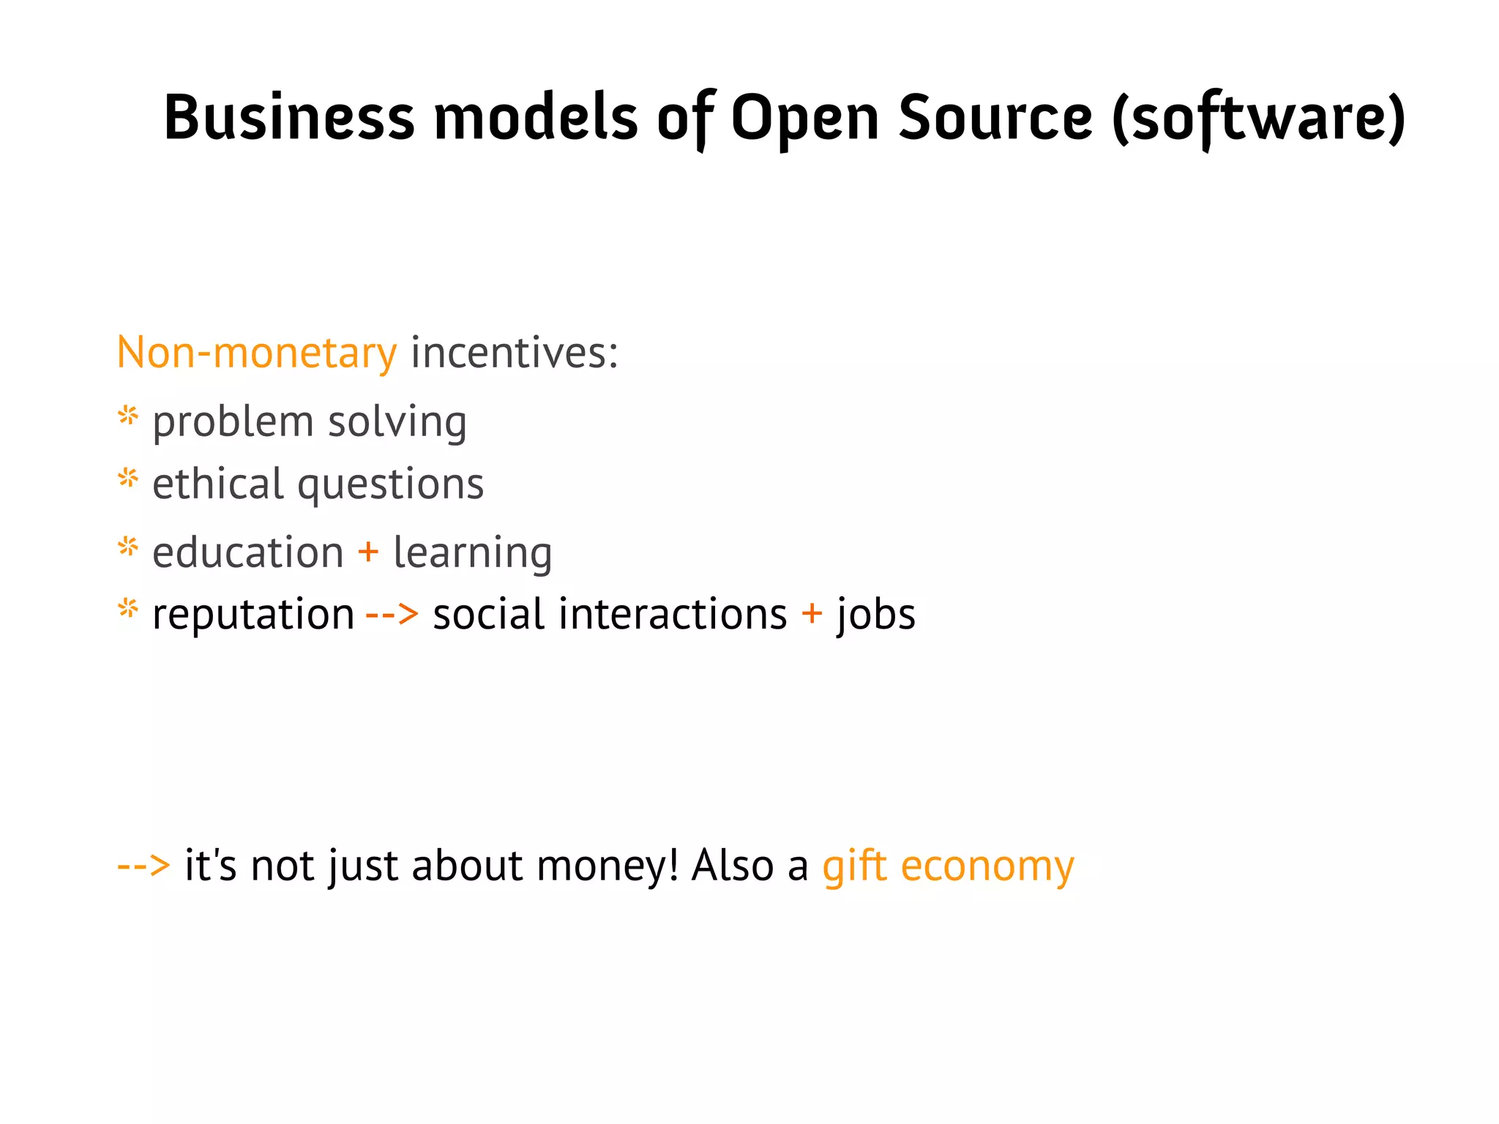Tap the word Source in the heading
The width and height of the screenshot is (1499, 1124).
coord(995,117)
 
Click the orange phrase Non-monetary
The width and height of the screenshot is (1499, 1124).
coord(257,353)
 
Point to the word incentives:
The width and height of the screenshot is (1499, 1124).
coord(515,353)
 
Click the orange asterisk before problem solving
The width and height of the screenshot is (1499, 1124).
coord(128,417)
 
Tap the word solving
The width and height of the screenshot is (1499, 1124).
coord(397,423)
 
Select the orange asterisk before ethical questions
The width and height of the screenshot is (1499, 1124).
coord(128,479)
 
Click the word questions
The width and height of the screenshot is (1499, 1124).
coord(391,485)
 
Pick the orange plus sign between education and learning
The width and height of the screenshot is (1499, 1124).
coord(368,551)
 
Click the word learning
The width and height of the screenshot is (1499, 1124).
coord(473,553)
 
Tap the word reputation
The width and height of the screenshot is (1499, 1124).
coord(253,614)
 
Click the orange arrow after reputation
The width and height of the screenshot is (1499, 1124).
coord(392,614)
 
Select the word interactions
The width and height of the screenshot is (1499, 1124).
coord(673,614)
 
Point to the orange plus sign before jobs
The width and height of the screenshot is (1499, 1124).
coord(812,613)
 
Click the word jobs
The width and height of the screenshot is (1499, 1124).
coord(876,615)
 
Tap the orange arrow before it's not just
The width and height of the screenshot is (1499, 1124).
coord(143,866)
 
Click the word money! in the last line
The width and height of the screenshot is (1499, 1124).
coord(608,866)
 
